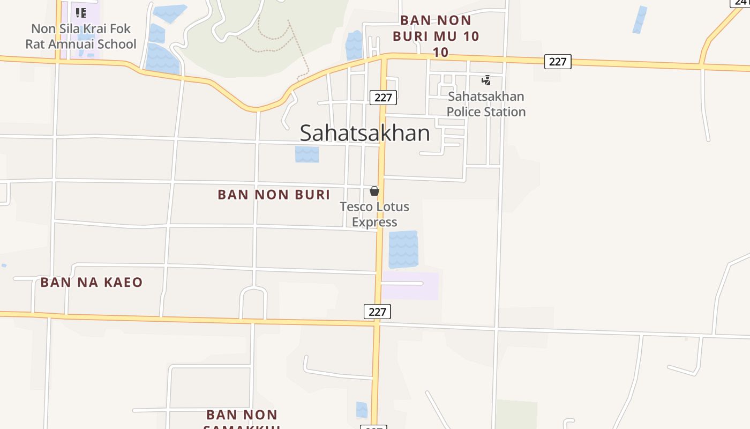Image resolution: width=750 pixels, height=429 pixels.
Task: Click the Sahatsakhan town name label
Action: tap(364, 133)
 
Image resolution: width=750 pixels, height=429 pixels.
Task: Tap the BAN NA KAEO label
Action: tap(92, 282)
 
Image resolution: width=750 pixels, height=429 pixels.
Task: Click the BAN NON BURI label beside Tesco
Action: tap(274, 194)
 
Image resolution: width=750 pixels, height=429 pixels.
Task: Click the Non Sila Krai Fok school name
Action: tap(81, 36)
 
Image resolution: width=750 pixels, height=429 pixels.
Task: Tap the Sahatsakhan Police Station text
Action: tap(486, 104)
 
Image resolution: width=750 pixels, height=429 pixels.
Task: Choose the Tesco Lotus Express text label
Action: tap(374, 214)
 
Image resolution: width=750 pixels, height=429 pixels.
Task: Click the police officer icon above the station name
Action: tap(486, 80)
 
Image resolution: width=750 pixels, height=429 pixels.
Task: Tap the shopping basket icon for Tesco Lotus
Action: tap(374, 191)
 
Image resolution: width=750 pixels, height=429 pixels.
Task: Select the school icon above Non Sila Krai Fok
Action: tap(80, 12)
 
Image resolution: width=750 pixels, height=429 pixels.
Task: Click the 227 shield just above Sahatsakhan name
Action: tap(383, 97)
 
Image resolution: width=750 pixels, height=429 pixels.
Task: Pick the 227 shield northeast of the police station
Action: tap(558, 61)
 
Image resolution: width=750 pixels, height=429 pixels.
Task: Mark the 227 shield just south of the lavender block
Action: tap(377, 312)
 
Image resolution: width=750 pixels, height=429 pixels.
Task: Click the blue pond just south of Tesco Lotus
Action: tap(403, 249)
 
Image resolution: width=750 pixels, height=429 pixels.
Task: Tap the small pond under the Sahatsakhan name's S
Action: tap(307, 154)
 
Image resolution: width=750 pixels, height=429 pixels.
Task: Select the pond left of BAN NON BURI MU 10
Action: tap(354, 45)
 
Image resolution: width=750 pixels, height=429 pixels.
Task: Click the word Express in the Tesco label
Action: tap(374, 222)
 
